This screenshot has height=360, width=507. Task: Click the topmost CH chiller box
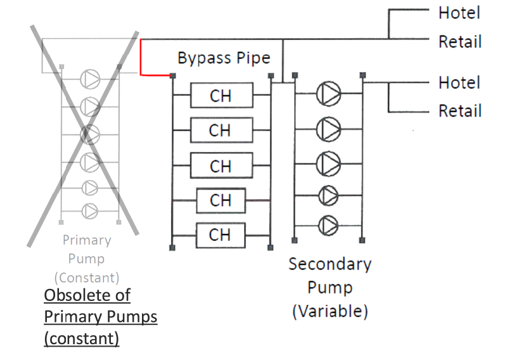(221, 96)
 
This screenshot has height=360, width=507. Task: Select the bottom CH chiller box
(221, 235)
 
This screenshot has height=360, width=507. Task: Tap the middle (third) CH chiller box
(221, 166)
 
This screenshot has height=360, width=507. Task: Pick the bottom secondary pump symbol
(328, 224)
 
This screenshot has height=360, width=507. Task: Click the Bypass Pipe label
(224, 58)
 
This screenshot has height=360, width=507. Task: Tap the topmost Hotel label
(459, 13)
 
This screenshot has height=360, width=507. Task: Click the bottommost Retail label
(460, 111)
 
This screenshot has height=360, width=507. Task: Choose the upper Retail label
(460, 42)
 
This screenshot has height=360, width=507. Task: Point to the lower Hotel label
(459, 82)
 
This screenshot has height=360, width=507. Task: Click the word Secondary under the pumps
(330, 264)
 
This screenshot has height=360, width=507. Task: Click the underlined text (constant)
(81, 338)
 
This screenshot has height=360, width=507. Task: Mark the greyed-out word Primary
(87, 240)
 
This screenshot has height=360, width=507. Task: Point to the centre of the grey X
(89, 134)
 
